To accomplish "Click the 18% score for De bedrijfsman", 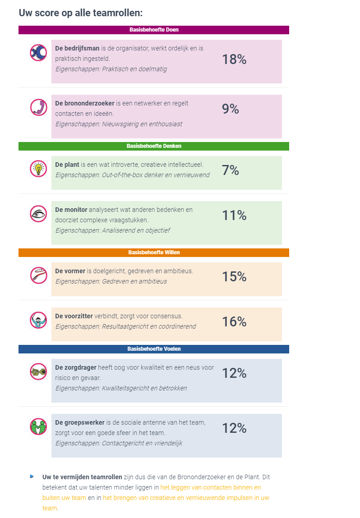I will tap(234, 60).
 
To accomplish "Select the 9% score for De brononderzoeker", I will tap(230, 109).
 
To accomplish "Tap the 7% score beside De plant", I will tap(230, 170).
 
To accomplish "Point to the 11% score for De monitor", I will tap(234, 216).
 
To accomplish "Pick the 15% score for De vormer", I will tap(234, 277).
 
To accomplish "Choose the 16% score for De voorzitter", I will tap(234, 322).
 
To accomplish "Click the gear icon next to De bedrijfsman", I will tap(38, 53).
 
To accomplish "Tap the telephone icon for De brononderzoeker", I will tap(38, 107).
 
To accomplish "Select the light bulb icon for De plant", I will tap(38, 168).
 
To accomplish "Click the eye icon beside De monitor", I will tap(38, 214).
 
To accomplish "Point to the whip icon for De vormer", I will tap(38, 275).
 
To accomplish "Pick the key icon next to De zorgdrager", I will tap(38, 371).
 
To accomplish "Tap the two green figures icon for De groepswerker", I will tap(38, 426).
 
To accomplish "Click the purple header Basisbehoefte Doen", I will tap(154, 30).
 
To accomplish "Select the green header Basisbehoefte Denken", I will tap(154, 146).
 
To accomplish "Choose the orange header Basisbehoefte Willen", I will tap(154, 252).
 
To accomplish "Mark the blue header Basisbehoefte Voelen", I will tap(154, 349).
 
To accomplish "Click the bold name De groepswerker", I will tap(80, 422).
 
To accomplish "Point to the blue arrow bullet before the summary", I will tap(32, 476).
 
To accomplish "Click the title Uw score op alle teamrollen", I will tap(81, 13).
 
